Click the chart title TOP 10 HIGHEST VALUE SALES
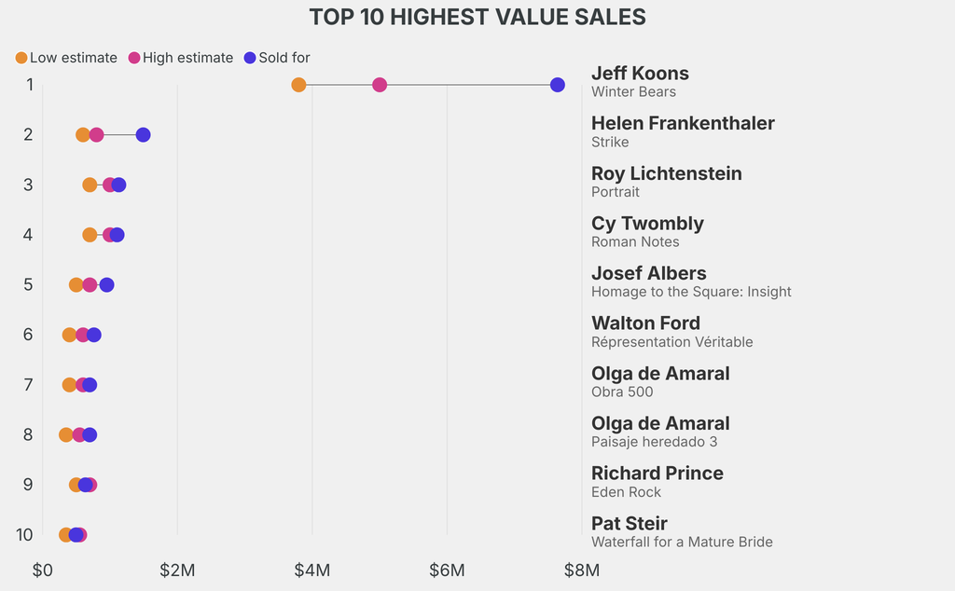tap(477, 17)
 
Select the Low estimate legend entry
tap(66, 58)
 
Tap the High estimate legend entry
tap(181, 58)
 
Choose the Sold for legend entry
tap(277, 58)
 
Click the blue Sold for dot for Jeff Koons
tap(558, 85)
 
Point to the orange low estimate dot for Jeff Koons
tap(298, 85)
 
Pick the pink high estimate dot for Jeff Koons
tap(380, 85)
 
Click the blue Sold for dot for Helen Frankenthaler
tap(143, 135)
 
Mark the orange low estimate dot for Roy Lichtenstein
tap(90, 185)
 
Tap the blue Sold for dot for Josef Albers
tap(107, 285)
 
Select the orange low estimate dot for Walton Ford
tap(69, 335)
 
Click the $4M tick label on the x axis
tap(311, 570)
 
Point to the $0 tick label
tap(42, 570)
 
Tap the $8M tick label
tap(581, 570)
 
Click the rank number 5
tap(28, 284)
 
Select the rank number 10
tap(24, 534)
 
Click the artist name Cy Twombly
tap(647, 224)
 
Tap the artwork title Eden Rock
tap(626, 492)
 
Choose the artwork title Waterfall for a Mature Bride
tap(682, 542)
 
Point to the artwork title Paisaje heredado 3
tap(654, 442)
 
